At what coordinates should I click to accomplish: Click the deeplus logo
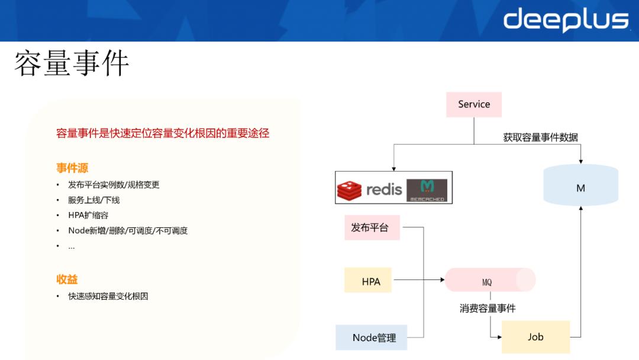pyautogui.click(x=566, y=20)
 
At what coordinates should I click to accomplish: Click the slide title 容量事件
pyautogui.click(x=72, y=63)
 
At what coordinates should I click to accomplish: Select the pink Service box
pyautogui.click(x=473, y=104)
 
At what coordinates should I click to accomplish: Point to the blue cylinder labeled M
pyautogui.click(x=580, y=188)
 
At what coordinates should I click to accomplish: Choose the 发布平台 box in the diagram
pyautogui.click(x=372, y=227)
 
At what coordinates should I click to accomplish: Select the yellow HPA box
pyautogui.click(x=371, y=281)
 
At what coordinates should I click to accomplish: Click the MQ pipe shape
pyautogui.click(x=489, y=281)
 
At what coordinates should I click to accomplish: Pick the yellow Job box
pyautogui.click(x=535, y=337)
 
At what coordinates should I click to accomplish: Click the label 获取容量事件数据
pyautogui.click(x=540, y=137)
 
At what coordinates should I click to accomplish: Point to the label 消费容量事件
pyautogui.click(x=488, y=308)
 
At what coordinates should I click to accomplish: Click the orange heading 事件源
pyautogui.click(x=72, y=168)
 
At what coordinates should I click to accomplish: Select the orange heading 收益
pyautogui.click(x=67, y=279)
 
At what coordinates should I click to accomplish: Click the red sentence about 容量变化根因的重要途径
pyautogui.click(x=163, y=133)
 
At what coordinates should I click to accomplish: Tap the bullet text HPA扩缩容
pyautogui.click(x=88, y=216)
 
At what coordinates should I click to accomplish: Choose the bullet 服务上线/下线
pyautogui.click(x=93, y=200)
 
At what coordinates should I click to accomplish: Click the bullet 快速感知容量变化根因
pyautogui.click(x=108, y=296)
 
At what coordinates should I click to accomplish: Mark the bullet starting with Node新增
pyautogui.click(x=128, y=231)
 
